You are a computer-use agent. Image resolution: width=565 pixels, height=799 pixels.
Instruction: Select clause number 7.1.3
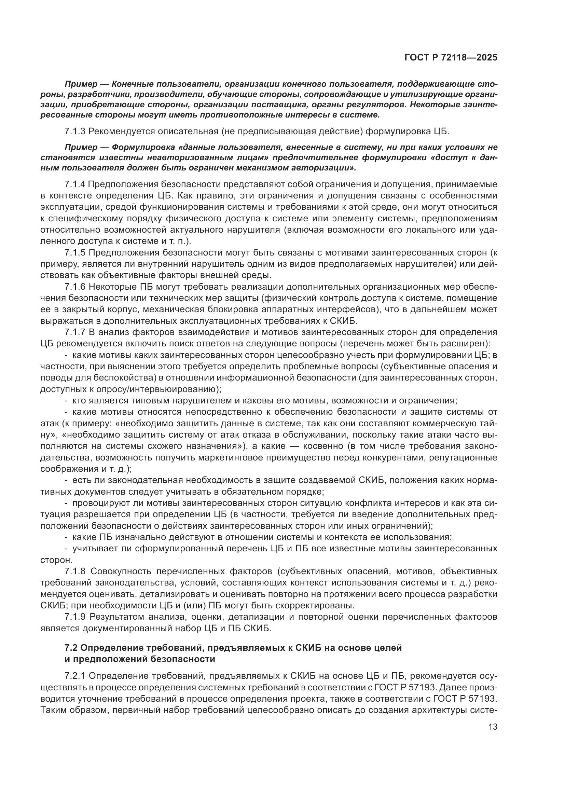click(x=75, y=132)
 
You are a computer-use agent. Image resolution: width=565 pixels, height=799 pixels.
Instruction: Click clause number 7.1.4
click(x=75, y=184)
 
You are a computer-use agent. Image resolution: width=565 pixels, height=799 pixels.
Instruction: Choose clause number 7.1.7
click(x=75, y=332)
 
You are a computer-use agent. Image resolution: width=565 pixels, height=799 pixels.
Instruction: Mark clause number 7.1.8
click(x=75, y=572)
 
